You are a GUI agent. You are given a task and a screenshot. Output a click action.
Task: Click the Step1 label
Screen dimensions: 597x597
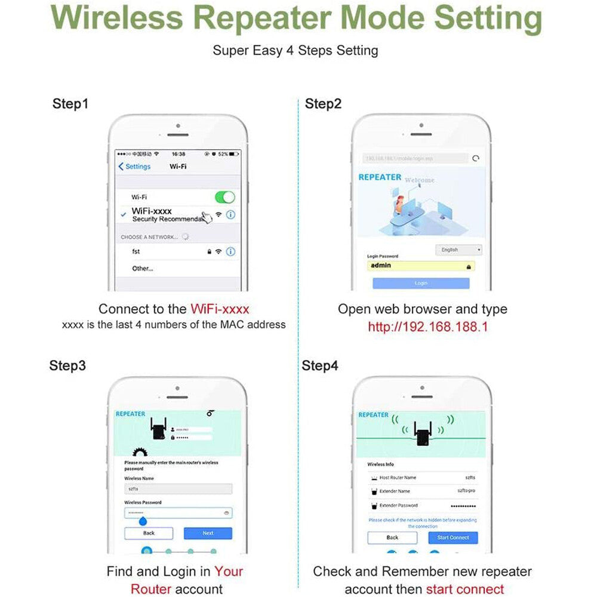pyautogui.click(x=70, y=104)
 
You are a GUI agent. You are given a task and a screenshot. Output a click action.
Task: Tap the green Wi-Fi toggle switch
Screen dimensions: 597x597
pyautogui.click(x=224, y=197)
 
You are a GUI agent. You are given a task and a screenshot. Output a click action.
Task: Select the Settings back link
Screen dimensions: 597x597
pyautogui.click(x=135, y=167)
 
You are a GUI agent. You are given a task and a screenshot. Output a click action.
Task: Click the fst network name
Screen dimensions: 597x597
pyautogui.click(x=136, y=252)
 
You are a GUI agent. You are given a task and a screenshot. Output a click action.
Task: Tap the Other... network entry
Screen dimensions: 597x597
pyautogui.click(x=143, y=269)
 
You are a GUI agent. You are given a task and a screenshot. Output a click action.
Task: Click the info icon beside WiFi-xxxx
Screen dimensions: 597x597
pyautogui.click(x=230, y=214)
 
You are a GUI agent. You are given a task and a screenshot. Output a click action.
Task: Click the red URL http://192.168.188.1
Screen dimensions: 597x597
pyautogui.click(x=427, y=327)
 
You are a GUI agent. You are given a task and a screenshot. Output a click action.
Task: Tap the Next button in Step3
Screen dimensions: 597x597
pyautogui.click(x=208, y=533)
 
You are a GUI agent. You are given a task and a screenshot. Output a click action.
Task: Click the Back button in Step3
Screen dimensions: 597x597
pyautogui.click(x=149, y=533)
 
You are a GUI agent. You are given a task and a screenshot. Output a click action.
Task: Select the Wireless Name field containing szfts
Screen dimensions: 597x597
pyautogui.click(x=178, y=488)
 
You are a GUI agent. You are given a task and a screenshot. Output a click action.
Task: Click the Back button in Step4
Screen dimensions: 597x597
pyautogui.click(x=392, y=537)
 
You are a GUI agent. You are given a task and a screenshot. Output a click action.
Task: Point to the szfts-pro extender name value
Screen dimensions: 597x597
pyautogui.click(x=466, y=491)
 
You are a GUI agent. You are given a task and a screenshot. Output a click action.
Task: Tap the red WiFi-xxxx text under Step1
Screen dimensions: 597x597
pyautogui.click(x=220, y=309)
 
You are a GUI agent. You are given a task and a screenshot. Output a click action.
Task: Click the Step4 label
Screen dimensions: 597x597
pyautogui.click(x=320, y=365)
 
